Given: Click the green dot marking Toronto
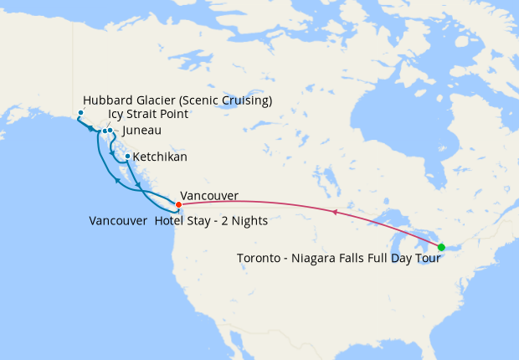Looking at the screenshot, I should pyautogui.click(x=441, y=246).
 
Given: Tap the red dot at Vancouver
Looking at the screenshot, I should pyautogui.click(x=178, y=204).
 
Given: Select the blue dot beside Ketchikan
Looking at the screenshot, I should pyautogui.click(x=126, y=157).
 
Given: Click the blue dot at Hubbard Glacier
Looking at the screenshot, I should pyautogui.click(x=80, y=113).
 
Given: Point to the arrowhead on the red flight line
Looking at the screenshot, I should pyautogui.click(x=335, y=213).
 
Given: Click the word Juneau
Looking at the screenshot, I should pyautogui.click(x=141, y=131).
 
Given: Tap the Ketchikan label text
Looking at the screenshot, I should pyautogui.click(x=160, y=157).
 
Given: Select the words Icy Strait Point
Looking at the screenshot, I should pyautogui.click(x=148, y=115).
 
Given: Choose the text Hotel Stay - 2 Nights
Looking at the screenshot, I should pyautogui.click(x=211, y=222).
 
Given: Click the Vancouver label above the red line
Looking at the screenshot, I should pyautogui.click(x=208, y=196).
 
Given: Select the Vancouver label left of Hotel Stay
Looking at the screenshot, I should pyautogui.click(x=118, y=222).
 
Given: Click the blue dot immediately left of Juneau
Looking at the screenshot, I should pyautogui.click(x=110, y=131).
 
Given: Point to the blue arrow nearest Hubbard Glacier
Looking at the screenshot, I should pyautogui.click(x=90, y=129).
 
